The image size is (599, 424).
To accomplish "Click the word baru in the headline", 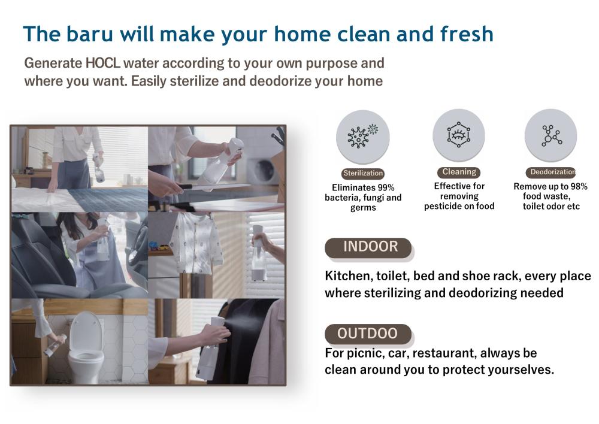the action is (89, 34).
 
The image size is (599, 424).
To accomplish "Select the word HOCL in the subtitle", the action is (103, 63).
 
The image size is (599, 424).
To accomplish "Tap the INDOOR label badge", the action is (368, 247).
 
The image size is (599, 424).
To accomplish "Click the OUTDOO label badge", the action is (368, 334).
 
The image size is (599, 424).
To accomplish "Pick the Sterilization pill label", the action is (363, 173).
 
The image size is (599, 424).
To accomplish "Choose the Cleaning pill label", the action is (459, 172).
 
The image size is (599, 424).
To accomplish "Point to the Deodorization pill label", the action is (551, 172).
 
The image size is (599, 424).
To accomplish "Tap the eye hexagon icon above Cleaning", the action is (458, 135).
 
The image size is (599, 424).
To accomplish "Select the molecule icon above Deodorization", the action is (551, 135).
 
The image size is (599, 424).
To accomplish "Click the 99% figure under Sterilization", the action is (385, 187).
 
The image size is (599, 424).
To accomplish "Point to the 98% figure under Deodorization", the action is (579, 186).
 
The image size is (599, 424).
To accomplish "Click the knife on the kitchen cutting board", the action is (214, 187).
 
